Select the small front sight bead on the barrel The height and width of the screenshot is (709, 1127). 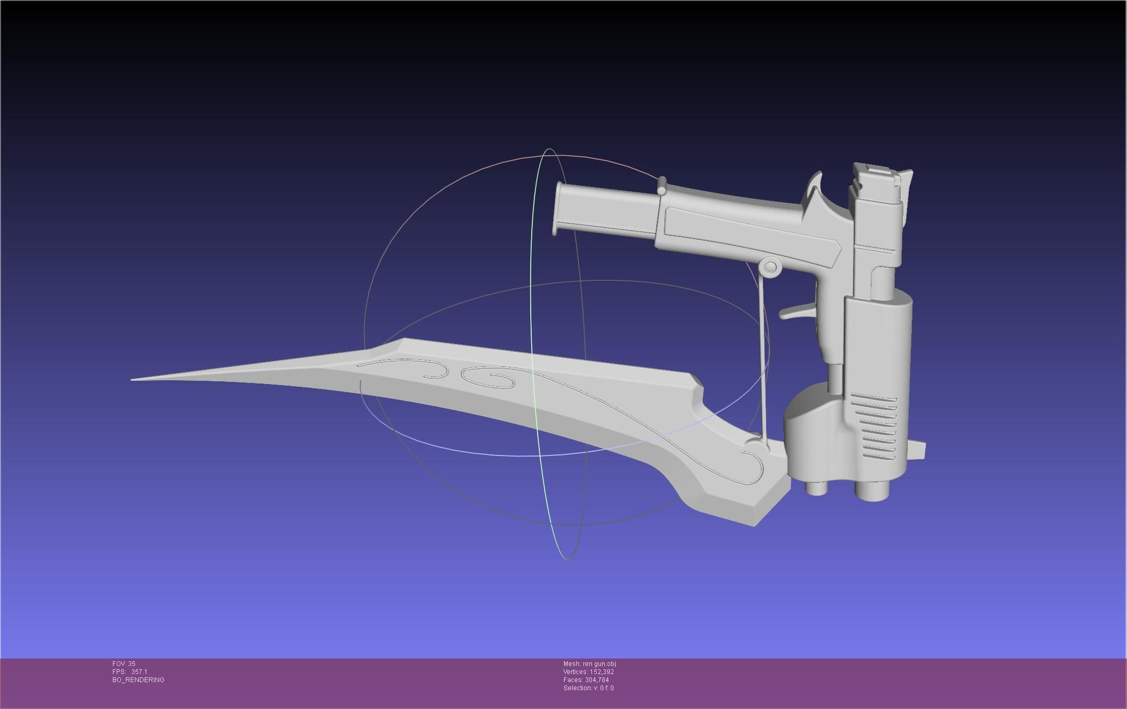(661, 186)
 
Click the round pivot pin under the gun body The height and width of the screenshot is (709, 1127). (770, 267)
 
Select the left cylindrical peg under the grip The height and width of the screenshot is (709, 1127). (816, 487)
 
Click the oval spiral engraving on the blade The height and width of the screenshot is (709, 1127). (487, 378)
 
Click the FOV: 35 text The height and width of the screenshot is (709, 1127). (124, 664)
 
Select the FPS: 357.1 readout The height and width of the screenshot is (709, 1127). (130, 672)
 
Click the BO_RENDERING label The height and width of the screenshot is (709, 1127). (138, 680)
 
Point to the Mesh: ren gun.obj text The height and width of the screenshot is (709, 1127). (589, 664)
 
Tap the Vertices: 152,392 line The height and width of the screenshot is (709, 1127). (588, 672)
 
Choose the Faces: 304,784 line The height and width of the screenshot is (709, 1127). (586, 680)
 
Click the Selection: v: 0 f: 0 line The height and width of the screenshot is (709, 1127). (588, 688)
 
